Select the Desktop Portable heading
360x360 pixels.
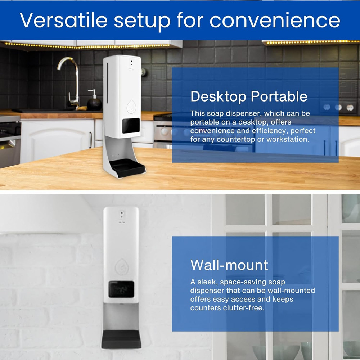click(249, 96)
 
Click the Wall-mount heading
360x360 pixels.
click(229, 265)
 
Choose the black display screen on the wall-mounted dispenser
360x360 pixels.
click(121, 289)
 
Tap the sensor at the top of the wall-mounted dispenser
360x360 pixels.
click(122, 215)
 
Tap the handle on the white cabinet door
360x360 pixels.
click(90, 140)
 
